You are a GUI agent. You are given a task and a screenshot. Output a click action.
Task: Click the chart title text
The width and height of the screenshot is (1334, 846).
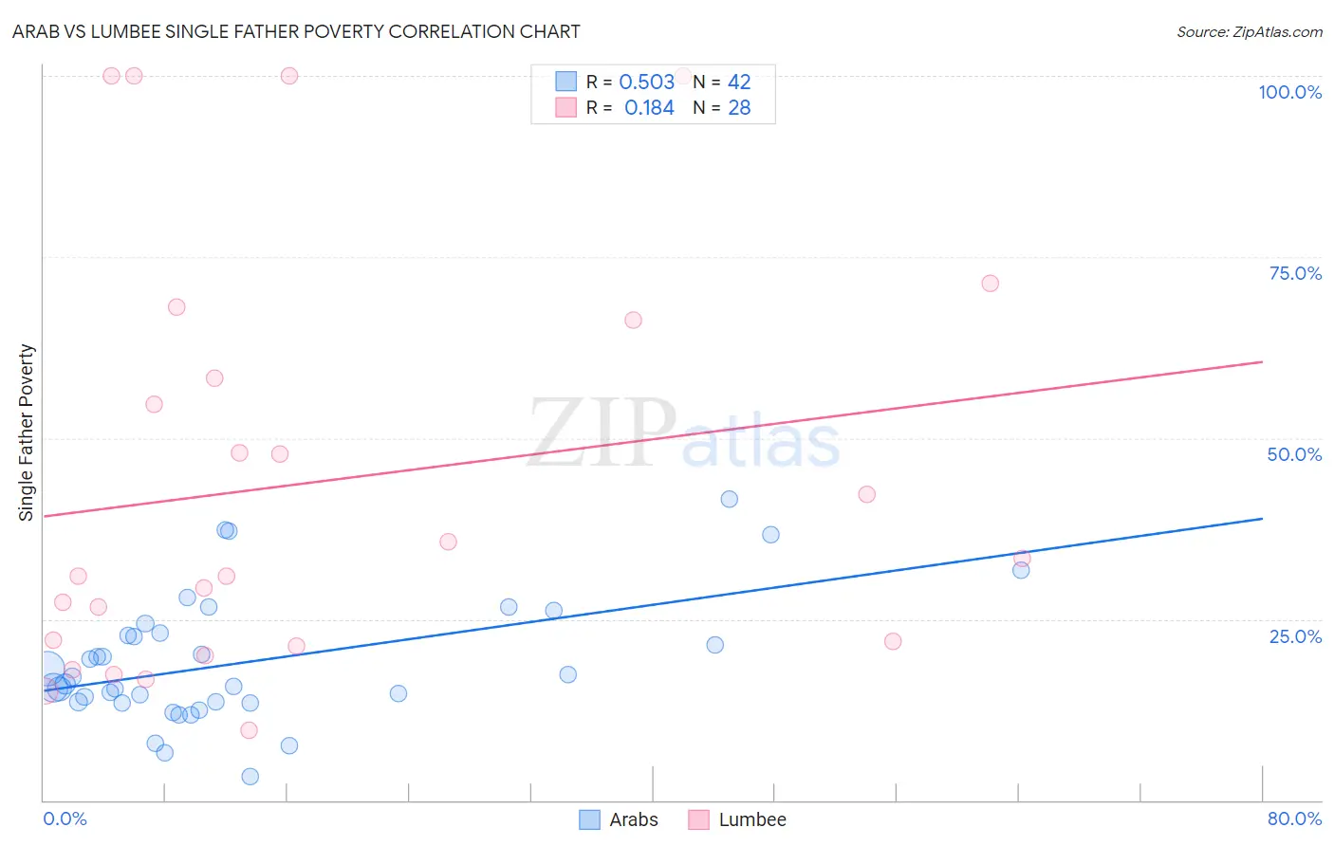click(296, 31)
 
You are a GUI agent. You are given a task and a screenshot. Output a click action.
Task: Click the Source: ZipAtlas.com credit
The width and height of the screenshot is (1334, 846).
click(1249, 31)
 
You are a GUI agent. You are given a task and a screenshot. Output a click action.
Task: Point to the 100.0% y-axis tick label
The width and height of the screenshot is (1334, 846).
click(1289, 92)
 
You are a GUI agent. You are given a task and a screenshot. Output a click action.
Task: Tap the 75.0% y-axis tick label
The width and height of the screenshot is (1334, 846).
click(1295, 273)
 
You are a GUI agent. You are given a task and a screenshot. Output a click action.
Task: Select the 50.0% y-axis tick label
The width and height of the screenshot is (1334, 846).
click(1294, 454)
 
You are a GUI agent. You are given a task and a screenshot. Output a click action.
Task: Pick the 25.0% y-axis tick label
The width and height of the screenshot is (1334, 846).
click(1295, 635)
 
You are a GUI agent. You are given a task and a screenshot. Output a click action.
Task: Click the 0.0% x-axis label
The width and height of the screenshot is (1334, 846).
click(65, 818)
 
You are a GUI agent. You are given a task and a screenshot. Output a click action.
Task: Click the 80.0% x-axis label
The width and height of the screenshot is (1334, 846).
click(1294, 818)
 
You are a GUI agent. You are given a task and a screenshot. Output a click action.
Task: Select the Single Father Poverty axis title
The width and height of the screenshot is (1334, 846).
click(27, 432)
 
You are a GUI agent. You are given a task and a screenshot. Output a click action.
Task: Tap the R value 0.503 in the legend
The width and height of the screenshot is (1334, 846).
click(646, 83)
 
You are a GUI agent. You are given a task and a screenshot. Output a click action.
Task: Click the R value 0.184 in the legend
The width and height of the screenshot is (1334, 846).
click(649, 108)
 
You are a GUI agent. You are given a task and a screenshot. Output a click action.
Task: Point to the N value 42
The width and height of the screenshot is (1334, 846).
click(739, 83)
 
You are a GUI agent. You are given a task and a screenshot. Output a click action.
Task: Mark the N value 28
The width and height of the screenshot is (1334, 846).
click(739, 108)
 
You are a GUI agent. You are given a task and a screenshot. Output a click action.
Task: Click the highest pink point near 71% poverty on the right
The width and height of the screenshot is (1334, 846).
click(990, 284)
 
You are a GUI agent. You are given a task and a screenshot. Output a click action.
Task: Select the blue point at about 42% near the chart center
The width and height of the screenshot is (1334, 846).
click(729, 499)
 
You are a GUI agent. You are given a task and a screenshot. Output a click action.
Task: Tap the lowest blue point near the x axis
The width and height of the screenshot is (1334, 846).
click(250, 777)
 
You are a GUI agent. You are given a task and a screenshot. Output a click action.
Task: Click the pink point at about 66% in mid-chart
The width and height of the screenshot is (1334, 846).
click(633, 321)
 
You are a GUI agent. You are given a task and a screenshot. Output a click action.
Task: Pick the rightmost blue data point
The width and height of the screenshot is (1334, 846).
click(1021, 570)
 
